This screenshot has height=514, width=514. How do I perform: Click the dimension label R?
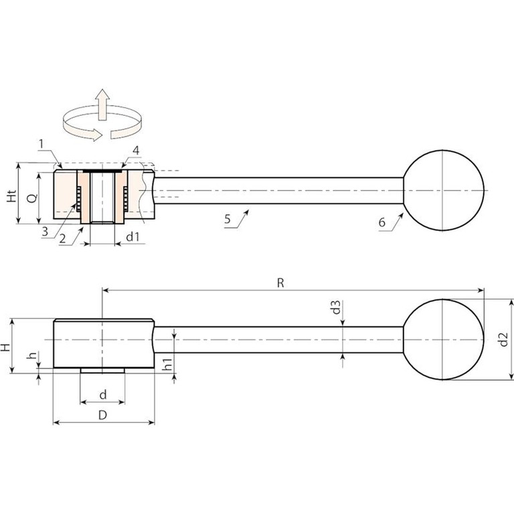(x=280, y=282)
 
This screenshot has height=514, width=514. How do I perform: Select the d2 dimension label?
(x=503, y=339)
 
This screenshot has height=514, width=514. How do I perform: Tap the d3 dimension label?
(x=337, y=307)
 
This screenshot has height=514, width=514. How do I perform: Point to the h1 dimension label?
(x=167, y=365)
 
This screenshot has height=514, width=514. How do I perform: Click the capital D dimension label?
(x=102, y=415)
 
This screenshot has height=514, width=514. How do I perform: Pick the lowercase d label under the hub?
(x=103, y=394)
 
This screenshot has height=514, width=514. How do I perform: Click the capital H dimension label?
(x=5, y=347)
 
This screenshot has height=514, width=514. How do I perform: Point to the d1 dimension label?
(x=133, y=236)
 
